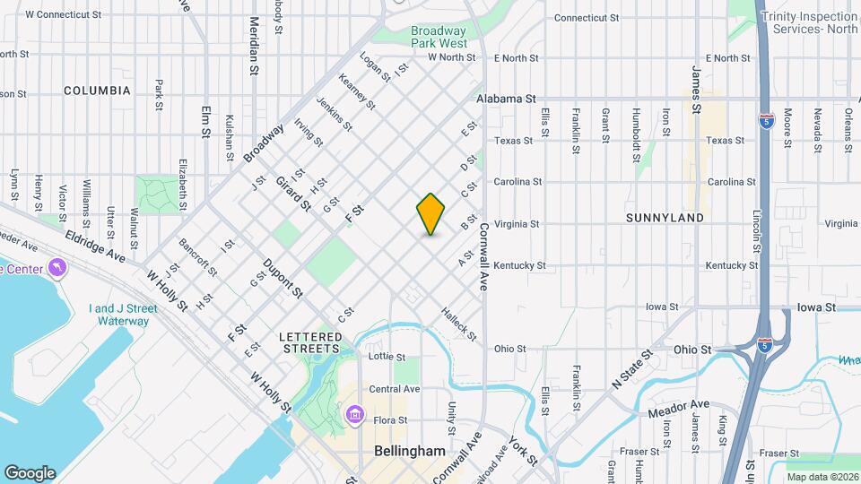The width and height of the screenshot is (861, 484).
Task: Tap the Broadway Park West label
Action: [439, 37]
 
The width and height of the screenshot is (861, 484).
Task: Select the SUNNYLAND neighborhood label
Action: [665, 218]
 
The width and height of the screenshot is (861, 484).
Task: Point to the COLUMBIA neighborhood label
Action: [97, 91]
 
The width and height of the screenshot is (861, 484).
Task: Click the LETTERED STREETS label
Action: [310, 342]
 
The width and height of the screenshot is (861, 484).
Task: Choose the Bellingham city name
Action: [409, 451]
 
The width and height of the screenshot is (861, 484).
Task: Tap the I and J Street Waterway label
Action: [123, 315]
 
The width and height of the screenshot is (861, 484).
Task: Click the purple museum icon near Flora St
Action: [354, 415]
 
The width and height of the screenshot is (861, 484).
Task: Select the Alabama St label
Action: [506, 99]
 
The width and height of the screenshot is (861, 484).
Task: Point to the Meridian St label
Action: [255, 46]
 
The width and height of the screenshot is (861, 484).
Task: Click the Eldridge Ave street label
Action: [95, 244]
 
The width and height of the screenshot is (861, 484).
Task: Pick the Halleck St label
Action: [458, 324]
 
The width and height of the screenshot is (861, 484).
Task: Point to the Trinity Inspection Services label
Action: [809, 22]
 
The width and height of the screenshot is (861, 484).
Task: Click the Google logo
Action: [30, 472]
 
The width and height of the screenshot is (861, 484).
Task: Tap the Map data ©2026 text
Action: [822, 476]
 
